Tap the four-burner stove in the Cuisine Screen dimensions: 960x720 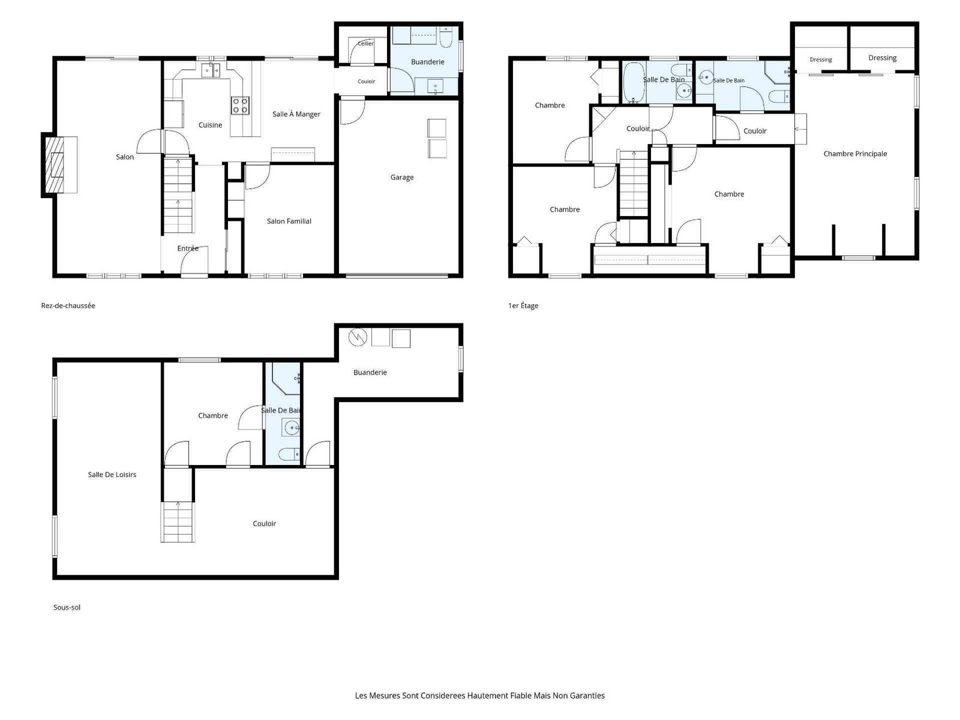[240, 106]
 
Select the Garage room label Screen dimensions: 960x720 [401, 177]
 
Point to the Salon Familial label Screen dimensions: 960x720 [289, 221]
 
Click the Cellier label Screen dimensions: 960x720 [365, 43]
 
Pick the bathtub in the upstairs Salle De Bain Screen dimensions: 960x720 [633, 82]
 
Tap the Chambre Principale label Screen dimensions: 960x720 [854, 154]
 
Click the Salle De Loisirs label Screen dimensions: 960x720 [112, 475]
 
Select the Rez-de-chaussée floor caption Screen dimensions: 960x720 [68, 305]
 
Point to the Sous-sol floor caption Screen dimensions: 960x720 [67, 607]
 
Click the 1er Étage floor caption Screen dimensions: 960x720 [523, 305]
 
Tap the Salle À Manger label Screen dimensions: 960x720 [296, 114]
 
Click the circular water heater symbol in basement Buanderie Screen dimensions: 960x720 [358, 337]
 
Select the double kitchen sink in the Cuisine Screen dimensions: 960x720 [211, 70]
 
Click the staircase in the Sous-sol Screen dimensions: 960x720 [178, 522]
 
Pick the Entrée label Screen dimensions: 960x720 [188, 248]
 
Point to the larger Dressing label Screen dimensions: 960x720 [882, 58]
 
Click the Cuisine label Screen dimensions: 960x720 [210, 125]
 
